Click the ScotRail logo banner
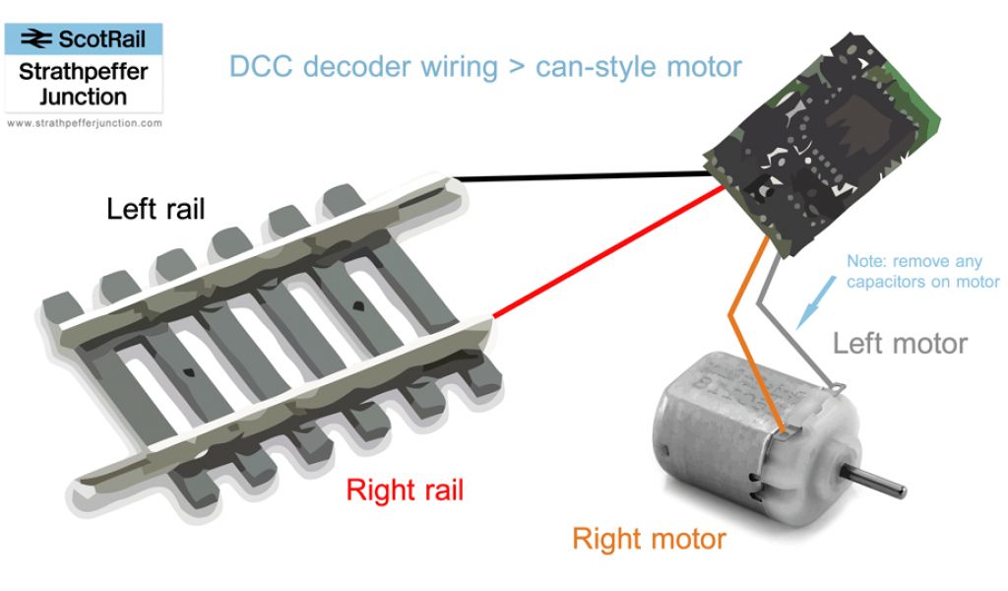83,39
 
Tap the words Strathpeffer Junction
83,86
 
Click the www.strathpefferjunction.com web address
83,124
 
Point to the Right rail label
404,490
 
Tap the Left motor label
900,344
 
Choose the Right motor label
649,539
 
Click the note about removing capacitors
922,272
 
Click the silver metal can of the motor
709,433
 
